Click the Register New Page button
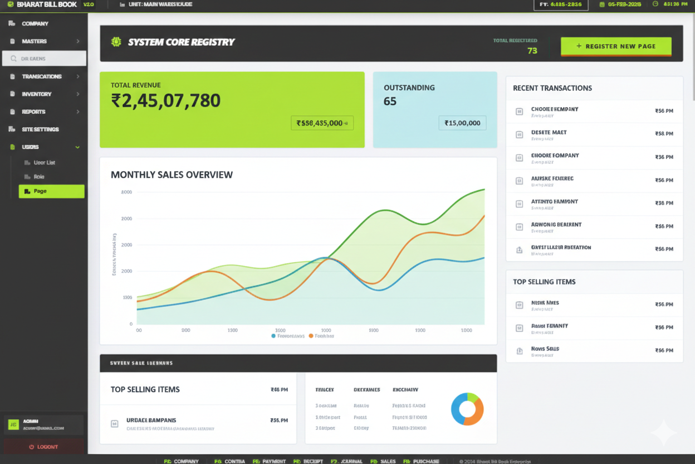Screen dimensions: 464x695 616,46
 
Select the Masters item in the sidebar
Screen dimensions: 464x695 35,41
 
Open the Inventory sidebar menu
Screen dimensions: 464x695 37,94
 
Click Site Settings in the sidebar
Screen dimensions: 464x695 40,129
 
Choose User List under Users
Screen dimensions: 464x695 45,163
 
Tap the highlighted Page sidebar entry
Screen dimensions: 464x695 51,191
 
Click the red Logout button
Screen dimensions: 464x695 43,447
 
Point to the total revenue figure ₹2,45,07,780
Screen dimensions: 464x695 166,101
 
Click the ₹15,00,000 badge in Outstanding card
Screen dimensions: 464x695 462,123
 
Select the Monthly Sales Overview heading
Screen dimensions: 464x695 172,175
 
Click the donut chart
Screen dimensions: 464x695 467,409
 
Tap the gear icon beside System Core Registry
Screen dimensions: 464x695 116,42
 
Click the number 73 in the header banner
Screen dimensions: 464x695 532,51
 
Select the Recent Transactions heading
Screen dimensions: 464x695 552,88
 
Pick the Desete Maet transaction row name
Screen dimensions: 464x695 549,132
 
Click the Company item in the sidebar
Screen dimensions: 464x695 35,24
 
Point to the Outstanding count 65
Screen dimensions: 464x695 390,101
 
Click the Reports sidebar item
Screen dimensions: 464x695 33,112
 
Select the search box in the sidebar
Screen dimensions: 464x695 44,59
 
